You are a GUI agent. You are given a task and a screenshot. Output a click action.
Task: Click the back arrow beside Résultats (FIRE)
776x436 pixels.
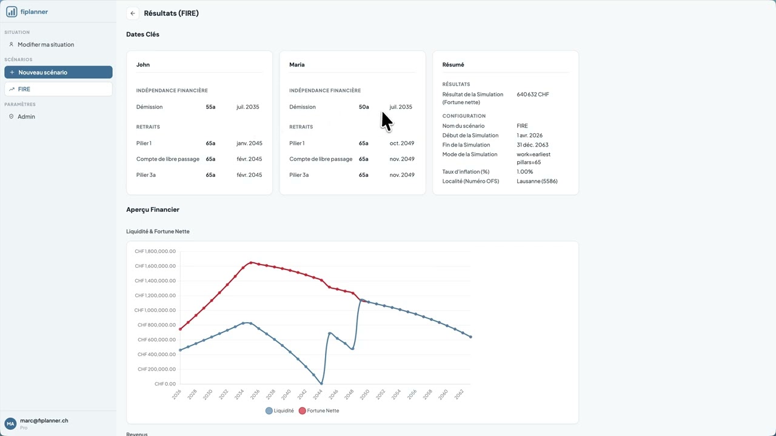point(133,13)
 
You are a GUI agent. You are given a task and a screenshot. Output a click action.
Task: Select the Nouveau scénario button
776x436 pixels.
point(58,72)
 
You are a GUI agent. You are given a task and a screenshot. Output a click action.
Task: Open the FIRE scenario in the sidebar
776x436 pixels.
point(58,89)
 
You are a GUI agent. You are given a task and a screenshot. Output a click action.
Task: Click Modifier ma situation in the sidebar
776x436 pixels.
point(45,44)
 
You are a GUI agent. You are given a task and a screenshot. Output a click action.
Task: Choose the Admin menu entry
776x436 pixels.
point(26,116)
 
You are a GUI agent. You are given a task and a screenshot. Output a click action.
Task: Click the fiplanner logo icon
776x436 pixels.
point(12,12)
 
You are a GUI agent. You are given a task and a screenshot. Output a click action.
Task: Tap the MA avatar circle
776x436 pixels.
point(10,423)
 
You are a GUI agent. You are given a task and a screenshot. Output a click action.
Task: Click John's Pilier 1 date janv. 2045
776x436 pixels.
point(249,144)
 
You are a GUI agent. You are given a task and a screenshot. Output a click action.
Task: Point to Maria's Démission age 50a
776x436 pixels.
point(364,107)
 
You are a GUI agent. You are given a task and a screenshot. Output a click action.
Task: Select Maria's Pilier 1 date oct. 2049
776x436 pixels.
point(402,144)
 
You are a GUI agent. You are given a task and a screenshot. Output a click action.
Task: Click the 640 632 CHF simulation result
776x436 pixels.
point(533,94)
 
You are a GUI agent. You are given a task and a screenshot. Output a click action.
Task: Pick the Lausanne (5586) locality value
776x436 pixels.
point(537,181)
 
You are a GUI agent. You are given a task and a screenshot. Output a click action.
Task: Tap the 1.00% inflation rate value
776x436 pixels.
point(525,172)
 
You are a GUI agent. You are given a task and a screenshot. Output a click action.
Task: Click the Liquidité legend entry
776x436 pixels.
point(279,411)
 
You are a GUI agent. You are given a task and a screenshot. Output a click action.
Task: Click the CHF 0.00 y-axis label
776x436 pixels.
point(165,384)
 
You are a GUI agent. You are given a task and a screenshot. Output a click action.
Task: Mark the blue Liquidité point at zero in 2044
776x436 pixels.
point(321,383)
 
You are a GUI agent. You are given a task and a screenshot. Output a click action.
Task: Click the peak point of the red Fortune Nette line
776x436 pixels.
point(251,263)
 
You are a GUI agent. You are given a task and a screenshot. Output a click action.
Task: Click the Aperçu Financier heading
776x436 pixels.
point(153,210)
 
